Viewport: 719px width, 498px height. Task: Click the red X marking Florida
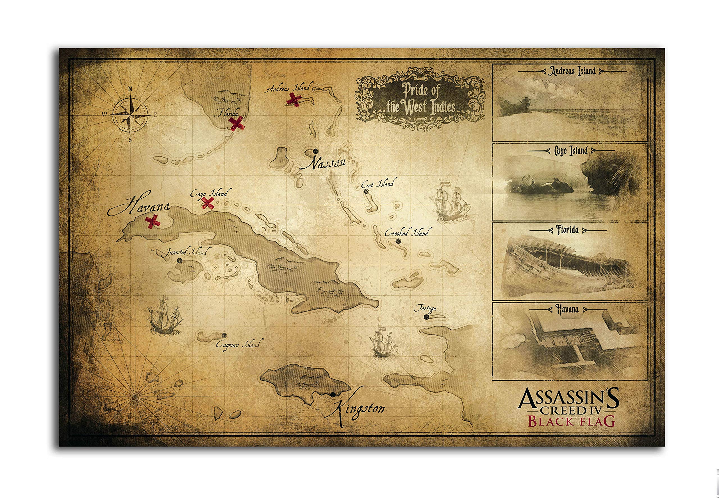237,123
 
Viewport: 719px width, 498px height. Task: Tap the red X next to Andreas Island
294,99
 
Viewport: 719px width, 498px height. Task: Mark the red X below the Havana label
153,221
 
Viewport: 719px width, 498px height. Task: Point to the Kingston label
359,409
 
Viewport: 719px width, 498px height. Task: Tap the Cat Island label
377,184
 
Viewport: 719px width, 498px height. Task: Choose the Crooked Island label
406,232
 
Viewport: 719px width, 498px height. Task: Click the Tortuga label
425,309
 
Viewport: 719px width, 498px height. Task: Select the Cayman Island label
238,345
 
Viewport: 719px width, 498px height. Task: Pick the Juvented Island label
186,252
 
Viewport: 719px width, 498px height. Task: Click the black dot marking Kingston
333,394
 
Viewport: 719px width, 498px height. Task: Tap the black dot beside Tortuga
426,317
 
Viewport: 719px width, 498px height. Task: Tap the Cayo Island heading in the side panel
571,151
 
